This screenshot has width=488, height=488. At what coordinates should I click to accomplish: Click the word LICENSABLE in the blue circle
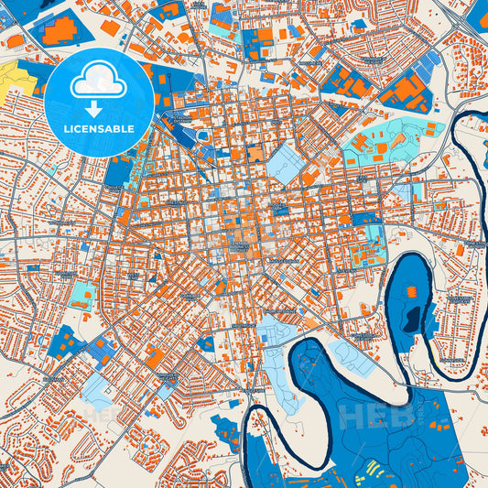(99, 129)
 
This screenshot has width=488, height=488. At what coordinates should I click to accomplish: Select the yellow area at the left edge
(13, 78)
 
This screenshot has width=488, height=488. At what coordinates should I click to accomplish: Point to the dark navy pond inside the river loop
(414, 319)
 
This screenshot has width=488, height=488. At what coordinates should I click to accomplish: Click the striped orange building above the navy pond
(411, 292)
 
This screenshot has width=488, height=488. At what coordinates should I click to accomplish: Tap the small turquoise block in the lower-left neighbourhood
(82, 295)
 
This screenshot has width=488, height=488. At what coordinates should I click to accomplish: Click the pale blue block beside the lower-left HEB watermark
(99, 389)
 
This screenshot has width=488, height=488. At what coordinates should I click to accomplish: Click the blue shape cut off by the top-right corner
(477, 13)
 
